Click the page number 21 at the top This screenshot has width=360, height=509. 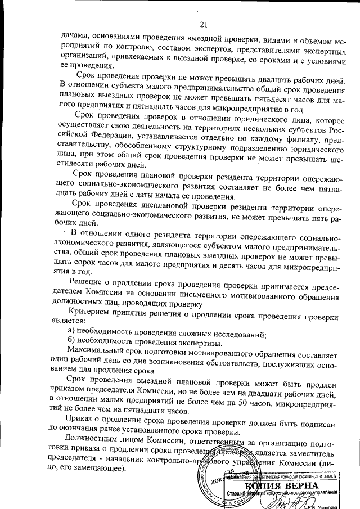point(203,23)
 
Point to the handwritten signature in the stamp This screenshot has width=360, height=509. point(281,500)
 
